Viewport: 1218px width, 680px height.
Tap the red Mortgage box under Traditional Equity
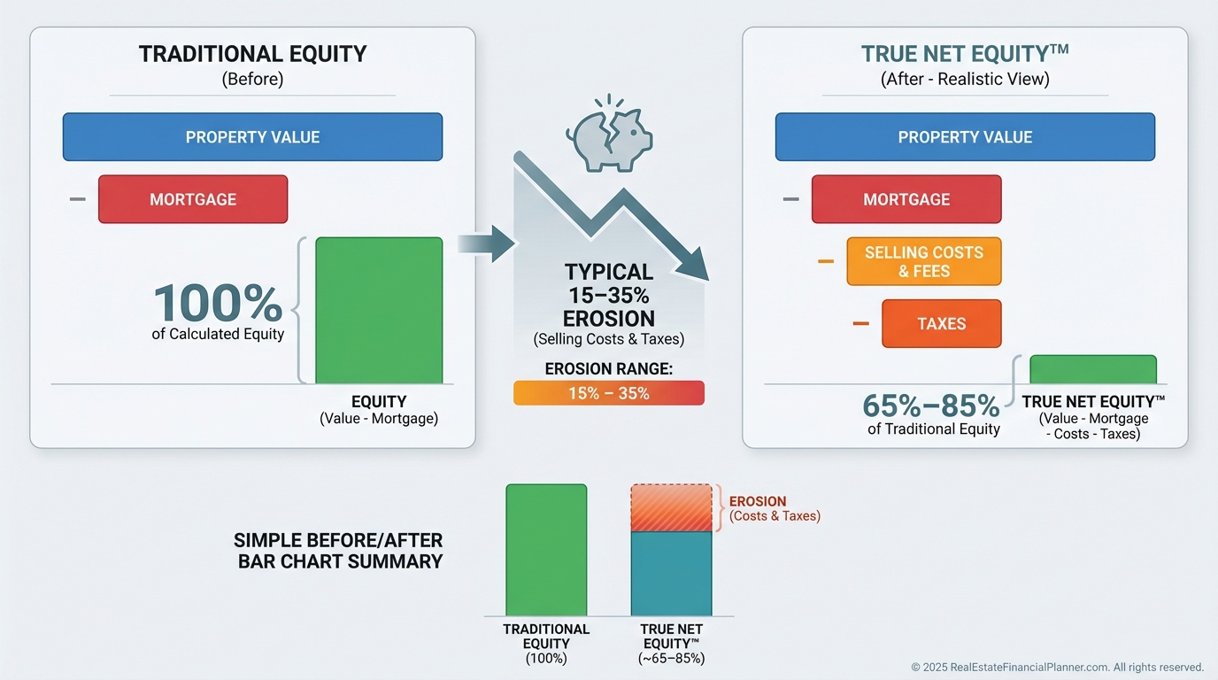[193, 199]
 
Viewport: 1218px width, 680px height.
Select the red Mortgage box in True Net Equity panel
[906, 199]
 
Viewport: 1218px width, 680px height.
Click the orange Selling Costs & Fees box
[924, 261]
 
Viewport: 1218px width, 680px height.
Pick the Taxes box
[942, 324]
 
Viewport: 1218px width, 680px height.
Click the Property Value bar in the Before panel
[253, 136]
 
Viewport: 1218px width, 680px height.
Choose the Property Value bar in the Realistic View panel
[965, 136]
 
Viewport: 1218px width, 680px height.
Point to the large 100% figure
[218, 303]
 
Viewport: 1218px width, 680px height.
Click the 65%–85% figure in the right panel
[931, 406]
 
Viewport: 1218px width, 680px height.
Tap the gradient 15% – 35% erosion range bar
[609, 393]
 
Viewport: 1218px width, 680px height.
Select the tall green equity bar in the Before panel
[379, 310]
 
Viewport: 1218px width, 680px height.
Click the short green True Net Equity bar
[1093, 369]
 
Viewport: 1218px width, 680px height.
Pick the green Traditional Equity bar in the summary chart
[546, 550]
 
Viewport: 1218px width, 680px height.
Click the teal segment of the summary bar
[672, 574]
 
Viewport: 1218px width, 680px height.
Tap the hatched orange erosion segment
[672, 508]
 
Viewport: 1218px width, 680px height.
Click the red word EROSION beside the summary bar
[758, 501]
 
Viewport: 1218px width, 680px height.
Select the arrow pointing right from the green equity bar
[486, 244]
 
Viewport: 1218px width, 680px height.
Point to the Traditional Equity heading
[253, 54]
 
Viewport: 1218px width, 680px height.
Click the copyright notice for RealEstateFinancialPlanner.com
[1058, 667]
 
